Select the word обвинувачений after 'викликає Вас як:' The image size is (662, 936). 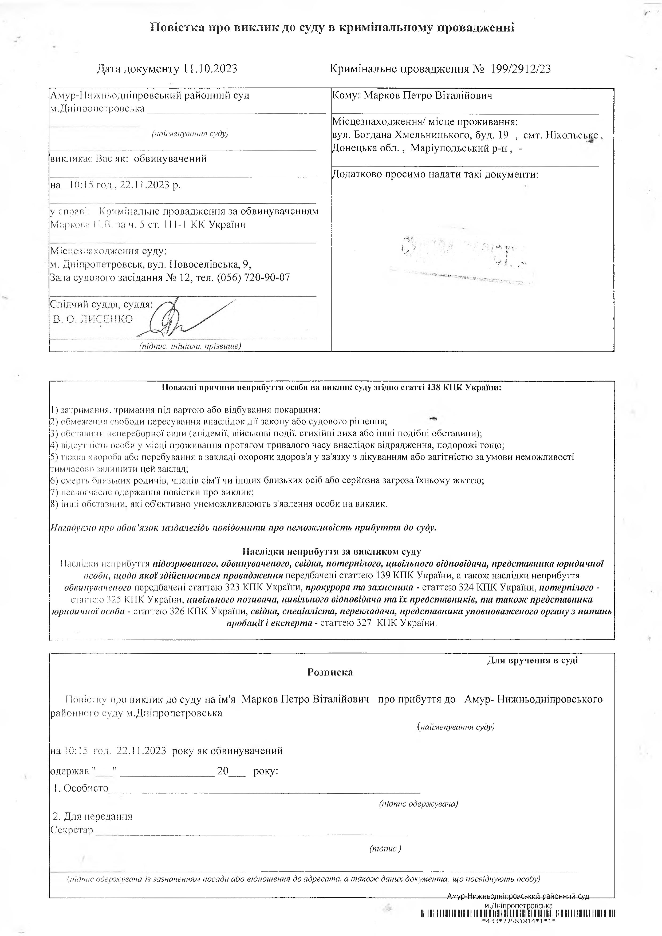[x=170, y=159]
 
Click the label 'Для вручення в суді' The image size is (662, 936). [x=532, y=660]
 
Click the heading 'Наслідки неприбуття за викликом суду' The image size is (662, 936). [x=332, y=552]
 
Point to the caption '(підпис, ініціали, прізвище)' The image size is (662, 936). [x=190, y=346]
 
